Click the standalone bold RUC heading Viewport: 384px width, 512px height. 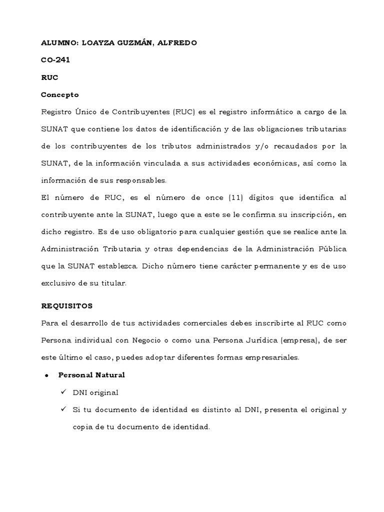coord(49,77)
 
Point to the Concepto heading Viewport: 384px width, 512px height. coord(59,94)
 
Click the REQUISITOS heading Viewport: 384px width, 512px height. coord(66,305)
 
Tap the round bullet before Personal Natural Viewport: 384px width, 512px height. coord(46,375)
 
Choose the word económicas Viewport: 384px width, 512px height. coord(279,163)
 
